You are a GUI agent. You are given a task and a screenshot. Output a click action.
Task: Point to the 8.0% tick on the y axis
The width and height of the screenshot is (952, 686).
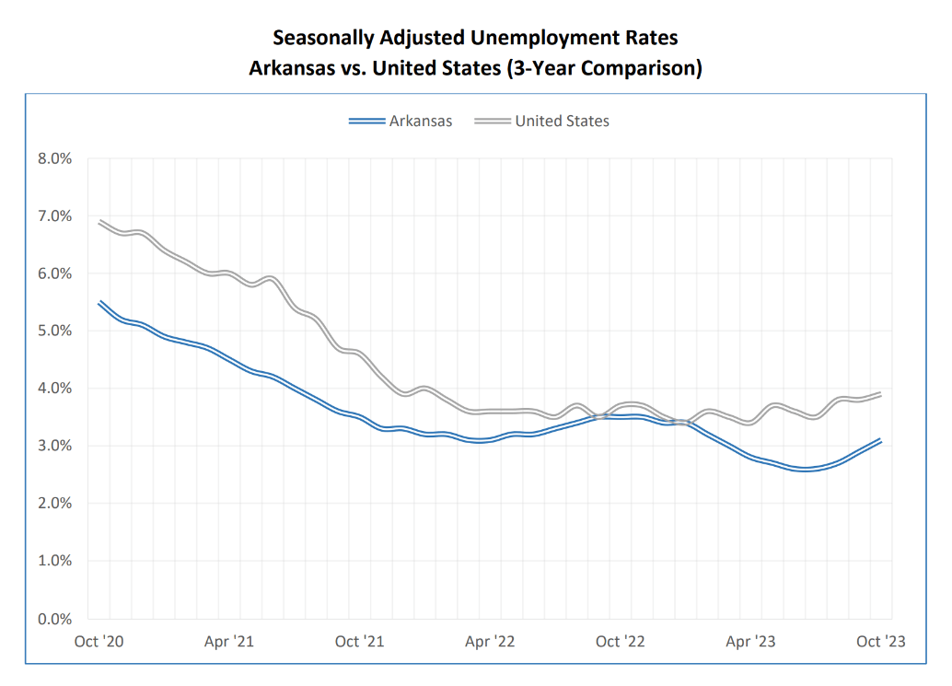[x=54, y=158]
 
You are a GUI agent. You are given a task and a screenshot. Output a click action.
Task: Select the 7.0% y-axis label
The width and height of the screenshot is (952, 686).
[x=54, y=216]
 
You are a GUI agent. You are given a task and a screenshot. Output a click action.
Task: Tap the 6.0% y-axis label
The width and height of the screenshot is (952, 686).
[x=54, y=273]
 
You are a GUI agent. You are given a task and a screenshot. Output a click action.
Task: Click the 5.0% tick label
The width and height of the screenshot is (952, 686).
[x=54, y=331]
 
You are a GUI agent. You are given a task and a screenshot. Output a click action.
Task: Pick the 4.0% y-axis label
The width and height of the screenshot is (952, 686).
[x=54, y=389]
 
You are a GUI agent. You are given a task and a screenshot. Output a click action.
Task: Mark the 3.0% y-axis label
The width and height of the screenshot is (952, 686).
[x=54, y=446]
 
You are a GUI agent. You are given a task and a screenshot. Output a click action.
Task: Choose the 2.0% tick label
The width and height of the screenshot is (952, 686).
[x=54, y=504]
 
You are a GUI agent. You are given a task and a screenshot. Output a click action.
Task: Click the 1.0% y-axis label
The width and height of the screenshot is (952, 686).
[x=54, y=561]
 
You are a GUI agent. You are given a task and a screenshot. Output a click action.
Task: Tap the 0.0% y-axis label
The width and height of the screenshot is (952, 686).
[x=54, y=618]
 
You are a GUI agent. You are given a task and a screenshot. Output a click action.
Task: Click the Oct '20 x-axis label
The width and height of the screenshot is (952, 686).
[x=99, y=642]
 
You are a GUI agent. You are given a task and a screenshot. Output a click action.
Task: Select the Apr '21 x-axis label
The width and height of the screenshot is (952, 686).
[x=229, y=642]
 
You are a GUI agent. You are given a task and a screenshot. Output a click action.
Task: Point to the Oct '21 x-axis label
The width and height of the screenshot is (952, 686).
[x=360, y=642]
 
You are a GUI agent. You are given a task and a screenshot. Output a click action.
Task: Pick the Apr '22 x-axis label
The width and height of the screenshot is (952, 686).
[x=490, y=642]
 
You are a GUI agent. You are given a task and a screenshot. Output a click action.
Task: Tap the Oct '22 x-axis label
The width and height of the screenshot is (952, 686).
[x=621, y=642]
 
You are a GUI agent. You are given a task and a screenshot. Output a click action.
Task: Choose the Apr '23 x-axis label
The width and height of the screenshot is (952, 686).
[x=750, y=642]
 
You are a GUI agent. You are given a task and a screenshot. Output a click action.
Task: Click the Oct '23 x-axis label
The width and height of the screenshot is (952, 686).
[x=881, y=642]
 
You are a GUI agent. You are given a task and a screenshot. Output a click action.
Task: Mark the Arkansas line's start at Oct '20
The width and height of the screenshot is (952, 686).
[x=99, y=302]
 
